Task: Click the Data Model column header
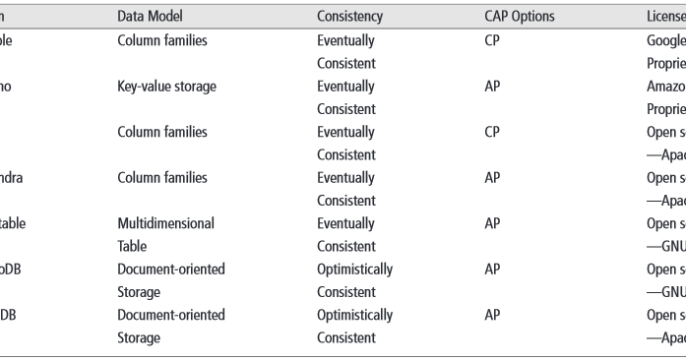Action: pyautogui.click(x=150, y=18)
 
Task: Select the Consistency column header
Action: pyautogui.click(x=350, y=18)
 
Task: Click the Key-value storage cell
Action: pyautogui.click(x=166, y=87)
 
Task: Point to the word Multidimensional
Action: pyautogui.click(x=165, y=223)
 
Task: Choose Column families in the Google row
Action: pyautogui.click(x=162, y=42)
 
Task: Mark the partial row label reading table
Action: pyautogui.click(x=14, y=223)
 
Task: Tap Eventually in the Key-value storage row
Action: pyautogui.click(x=345, y=87)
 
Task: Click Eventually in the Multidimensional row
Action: pyautogui.click(x=345, y=223)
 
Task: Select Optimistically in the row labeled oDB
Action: pyautogui.click(x=354, y=270)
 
